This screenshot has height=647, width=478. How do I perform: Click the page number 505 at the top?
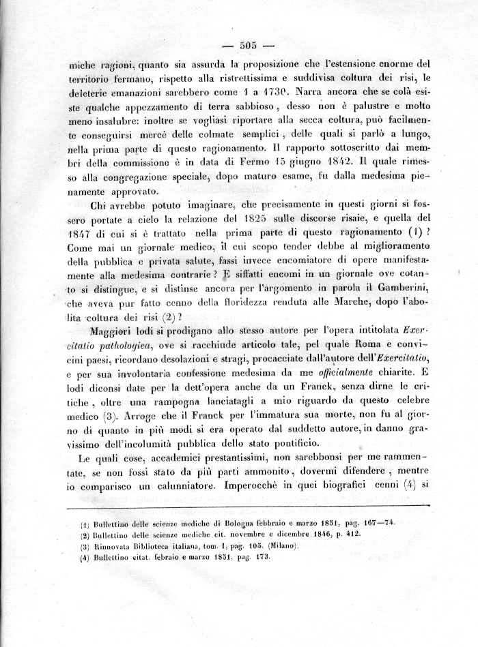tap(247, 45)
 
